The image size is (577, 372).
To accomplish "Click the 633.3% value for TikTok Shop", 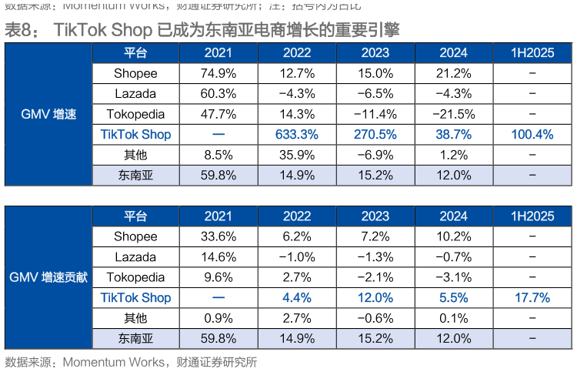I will click(x=296, y=134).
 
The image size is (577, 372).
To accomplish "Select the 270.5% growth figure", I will click(x=375, y=134).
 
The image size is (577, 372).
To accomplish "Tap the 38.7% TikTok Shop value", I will click(x=453, y=134).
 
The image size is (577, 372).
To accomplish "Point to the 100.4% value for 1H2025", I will click(x=532, y=134).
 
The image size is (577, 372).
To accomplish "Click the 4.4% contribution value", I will click(x=296, y=297).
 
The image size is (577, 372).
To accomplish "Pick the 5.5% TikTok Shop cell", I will click(x=453, y=297).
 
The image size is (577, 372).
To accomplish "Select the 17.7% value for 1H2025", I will click(x=532, y=297).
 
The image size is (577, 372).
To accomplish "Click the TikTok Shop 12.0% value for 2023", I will click(x=375, y=297).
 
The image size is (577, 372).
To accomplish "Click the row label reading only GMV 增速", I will click(x=48, y=114).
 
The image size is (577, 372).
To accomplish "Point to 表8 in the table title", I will click(x=21, y=30).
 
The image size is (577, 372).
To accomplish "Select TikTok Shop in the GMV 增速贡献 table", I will click(x=135, y=297).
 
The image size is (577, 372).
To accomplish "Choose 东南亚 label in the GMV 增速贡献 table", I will click(x=135, y=338).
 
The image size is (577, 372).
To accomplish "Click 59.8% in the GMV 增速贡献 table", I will click(x=218, y=338).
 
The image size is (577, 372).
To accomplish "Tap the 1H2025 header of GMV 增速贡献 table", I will click(x=532, y=216).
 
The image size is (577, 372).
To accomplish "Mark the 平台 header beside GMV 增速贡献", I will click(x=135, y=216).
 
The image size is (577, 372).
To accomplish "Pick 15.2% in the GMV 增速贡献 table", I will click(x=375, y=338).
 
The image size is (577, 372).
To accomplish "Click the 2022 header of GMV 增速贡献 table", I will click(x=296, y=216).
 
